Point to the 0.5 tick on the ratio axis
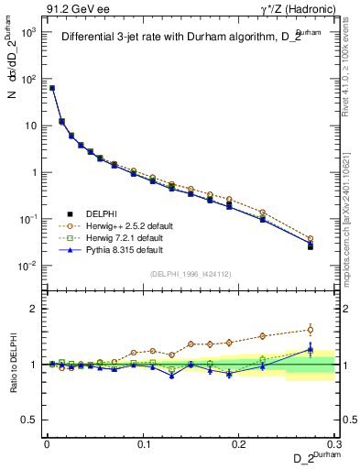pyautogui.click(x=34, y=420)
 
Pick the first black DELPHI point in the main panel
pyautogui.click(x=52, y=88)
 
